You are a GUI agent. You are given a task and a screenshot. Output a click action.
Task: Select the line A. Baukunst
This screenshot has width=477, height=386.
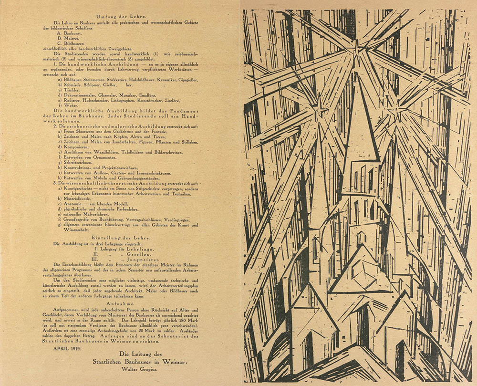[x=71, y=34]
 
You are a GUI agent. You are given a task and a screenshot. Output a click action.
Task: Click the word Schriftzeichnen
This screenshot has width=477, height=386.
[x=78, y=163]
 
